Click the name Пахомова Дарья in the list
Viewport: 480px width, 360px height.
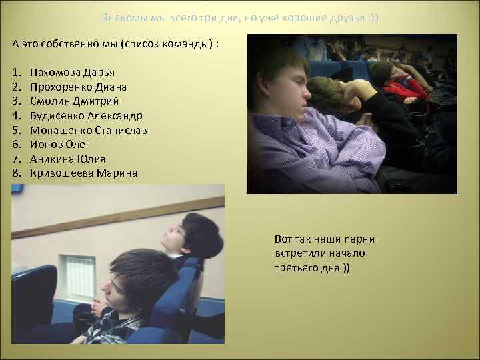point(72,72)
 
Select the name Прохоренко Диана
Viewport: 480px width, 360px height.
point(78,87)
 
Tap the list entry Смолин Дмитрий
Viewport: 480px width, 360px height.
point(74,101)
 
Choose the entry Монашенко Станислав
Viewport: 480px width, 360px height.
point(88,130)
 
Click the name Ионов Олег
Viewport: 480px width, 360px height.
point(59,145)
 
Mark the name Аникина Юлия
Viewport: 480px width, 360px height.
point(67,159)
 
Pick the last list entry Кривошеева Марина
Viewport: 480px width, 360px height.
point(83,173)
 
